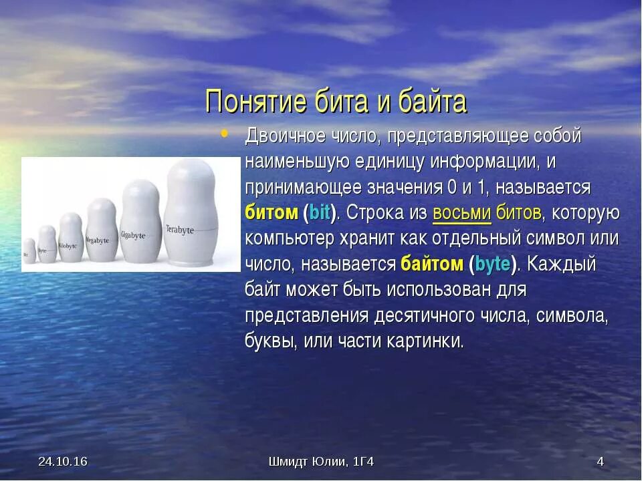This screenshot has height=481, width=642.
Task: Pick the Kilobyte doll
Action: point(70,239)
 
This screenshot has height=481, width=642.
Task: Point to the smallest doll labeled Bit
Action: point(29,251)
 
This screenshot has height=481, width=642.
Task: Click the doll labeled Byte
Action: point(47,245)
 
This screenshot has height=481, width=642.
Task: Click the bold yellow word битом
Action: point(271,213)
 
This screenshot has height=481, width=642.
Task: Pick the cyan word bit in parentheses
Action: point(320,213)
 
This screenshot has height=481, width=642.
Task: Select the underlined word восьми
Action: point(462,213)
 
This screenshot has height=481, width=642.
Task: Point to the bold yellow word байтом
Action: point(431,264)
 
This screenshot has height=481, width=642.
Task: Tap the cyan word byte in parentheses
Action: point(494,264)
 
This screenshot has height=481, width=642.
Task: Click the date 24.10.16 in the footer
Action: point(63,462)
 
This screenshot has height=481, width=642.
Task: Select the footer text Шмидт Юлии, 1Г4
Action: point(320,462)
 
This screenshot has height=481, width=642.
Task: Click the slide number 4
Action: point(600,462)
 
